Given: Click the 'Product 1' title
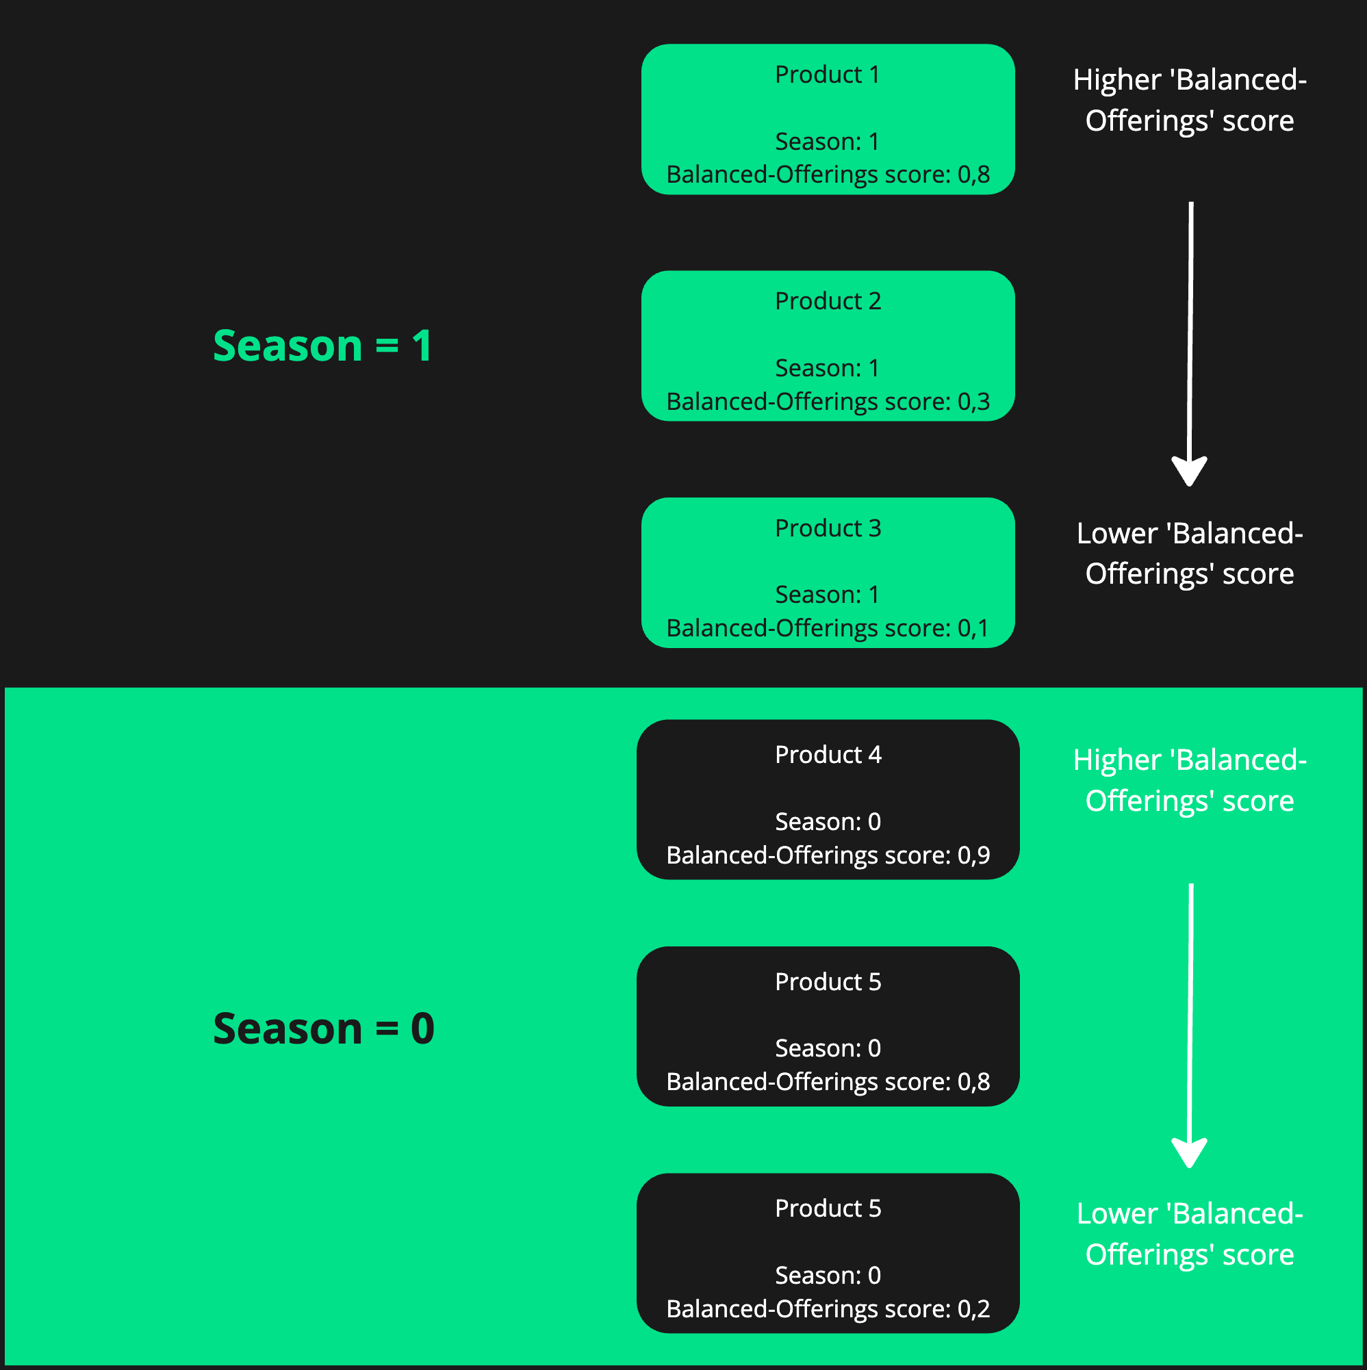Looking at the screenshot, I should [827, 75].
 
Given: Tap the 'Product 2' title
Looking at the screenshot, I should [827, 301].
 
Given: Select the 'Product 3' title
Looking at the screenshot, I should [827, 528].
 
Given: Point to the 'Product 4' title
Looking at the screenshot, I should [827, 755].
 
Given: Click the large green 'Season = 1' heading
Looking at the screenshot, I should [323, 346].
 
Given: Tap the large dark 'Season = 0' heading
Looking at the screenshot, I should [324, 1029].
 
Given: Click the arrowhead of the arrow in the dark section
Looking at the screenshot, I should [1189, 471].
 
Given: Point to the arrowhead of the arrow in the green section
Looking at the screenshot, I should [1189, 1152].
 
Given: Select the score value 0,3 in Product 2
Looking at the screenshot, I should [973, 402].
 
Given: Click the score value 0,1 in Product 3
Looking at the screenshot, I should [973, 628].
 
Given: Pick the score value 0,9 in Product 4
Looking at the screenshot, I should [973, 855].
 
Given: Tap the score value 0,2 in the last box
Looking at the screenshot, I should [973, 1309].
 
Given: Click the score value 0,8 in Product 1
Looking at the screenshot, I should [973, 175].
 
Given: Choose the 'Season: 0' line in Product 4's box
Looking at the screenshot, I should [827, 822].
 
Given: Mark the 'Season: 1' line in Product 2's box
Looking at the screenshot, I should [827, 368].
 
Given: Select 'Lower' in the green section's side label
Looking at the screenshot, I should [1116, 1214].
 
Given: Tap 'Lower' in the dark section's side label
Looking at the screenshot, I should [1116, 534].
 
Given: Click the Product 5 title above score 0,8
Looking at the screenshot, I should [827, 982].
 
